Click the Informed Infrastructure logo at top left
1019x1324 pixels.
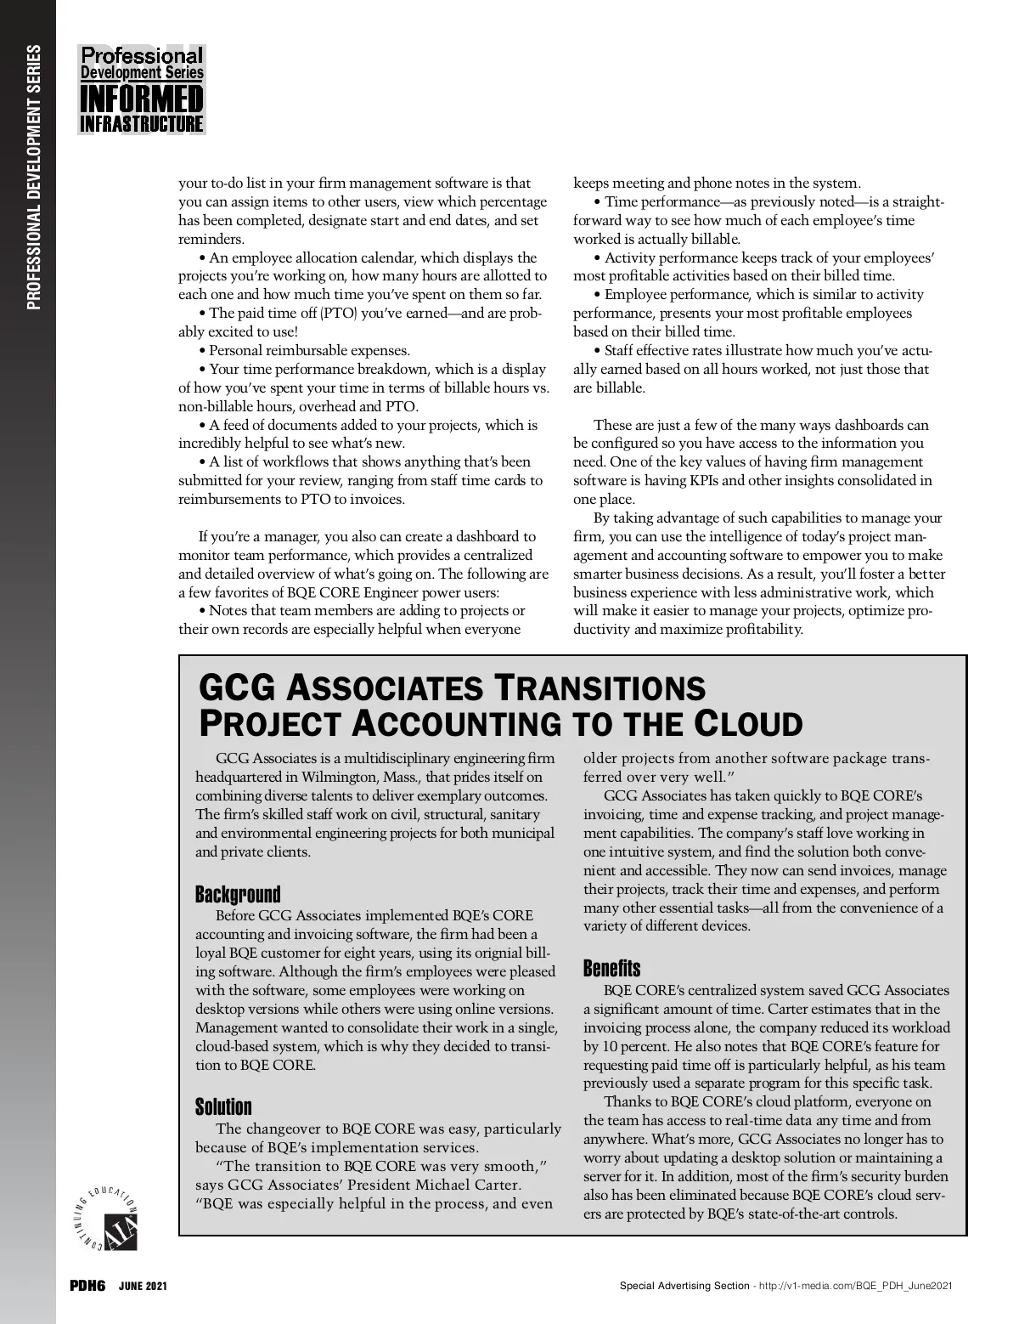142,89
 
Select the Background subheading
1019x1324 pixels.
238,894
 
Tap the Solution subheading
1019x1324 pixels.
223,1106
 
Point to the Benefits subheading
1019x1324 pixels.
611,968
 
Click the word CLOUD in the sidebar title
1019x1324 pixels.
749,723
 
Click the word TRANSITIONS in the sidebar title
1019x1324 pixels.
600,687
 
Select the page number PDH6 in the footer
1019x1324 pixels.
87,1286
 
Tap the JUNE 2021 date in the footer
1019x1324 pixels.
143,1287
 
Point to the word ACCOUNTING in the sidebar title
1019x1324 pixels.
455,723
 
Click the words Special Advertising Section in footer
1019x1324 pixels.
684,1287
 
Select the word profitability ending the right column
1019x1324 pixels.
760,629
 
